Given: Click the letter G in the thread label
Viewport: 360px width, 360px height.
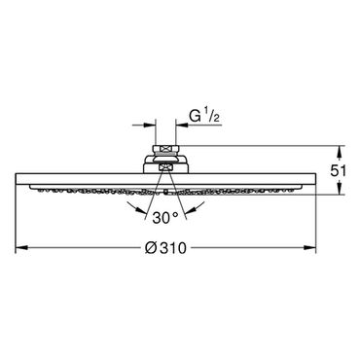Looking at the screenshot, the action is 195,116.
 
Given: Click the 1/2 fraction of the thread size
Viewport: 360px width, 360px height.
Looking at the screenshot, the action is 212,117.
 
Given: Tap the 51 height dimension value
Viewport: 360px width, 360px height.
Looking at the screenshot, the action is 339,171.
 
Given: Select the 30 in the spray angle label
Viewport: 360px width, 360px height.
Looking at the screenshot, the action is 161,218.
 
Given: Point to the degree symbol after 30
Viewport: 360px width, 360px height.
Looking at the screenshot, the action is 175,214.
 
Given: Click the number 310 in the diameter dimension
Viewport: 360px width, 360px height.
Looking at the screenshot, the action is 173,248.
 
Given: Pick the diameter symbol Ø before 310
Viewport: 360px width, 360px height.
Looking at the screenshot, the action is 151,248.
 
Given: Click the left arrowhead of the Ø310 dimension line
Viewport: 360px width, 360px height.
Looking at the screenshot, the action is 21,248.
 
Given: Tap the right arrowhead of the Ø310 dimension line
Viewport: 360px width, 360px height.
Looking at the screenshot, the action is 309,248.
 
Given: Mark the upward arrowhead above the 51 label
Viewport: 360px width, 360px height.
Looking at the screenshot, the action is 340,152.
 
